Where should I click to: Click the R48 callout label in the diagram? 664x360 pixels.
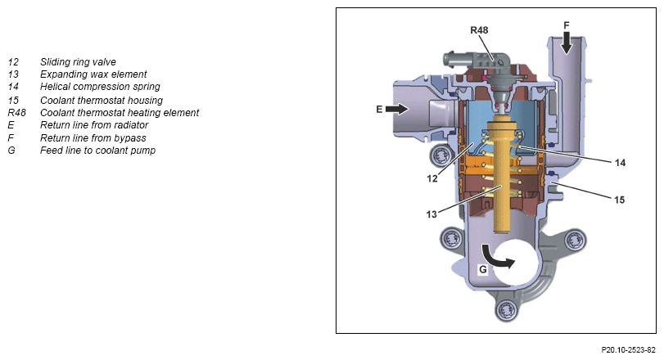tap(479, 30)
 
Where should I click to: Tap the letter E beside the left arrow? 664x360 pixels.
tap(380, 108)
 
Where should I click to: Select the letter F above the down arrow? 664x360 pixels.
tap(566, 25)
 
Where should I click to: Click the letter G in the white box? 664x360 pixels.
tap(483, 268)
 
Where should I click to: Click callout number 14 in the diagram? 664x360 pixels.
tap(620, 163)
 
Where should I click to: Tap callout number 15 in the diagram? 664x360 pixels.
tap(620, 198)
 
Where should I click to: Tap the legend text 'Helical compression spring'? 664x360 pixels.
tap(100, 86)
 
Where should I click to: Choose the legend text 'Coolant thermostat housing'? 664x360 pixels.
tap(100, 99)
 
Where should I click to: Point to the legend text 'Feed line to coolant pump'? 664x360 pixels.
tap(97, 150)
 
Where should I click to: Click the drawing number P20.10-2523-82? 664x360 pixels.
tap(629, 349)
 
